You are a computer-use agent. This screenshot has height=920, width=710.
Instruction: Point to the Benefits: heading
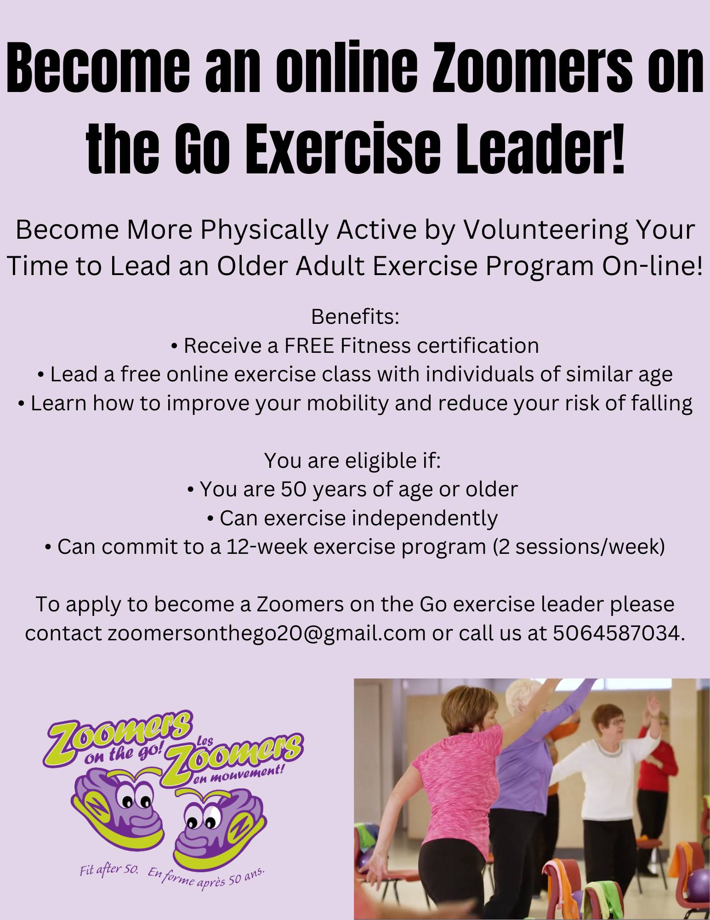[355, 317]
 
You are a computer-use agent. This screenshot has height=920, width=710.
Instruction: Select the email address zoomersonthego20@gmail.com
[267, 633]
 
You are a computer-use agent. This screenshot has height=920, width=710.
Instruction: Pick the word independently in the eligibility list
[425, 518]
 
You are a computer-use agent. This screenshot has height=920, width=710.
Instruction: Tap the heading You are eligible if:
[352, 461]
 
